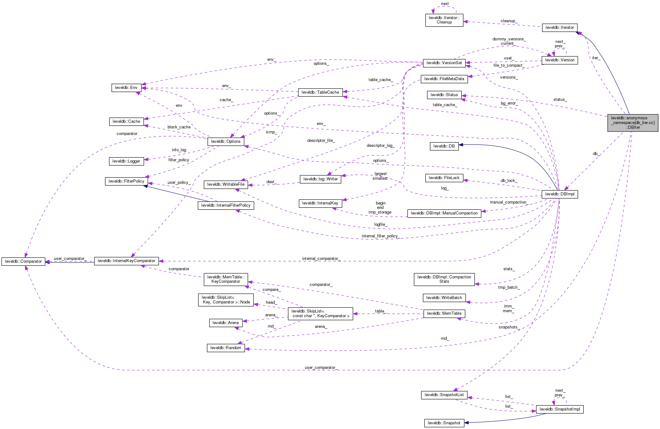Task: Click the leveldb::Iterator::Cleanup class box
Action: coord(444,20)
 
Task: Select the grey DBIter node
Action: coord(632,123)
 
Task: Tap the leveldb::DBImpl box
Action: coord(559,194)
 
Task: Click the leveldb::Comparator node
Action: coord(23,261)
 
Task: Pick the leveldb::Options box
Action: coord(226,142)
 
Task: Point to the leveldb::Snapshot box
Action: coord(444,423)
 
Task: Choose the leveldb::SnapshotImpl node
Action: coord(559,409)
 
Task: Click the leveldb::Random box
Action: coord(226,348)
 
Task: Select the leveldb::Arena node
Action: coord(226,323)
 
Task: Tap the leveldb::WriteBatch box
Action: coord(444,298)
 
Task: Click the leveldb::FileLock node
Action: coord(444,178)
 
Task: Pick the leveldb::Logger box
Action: coord(126,161)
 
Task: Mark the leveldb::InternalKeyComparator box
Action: coord(126,261)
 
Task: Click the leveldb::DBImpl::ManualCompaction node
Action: coord(444,213)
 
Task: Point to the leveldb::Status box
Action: coord(444,95)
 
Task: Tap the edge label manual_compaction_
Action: coord(509,202)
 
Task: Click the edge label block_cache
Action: coord(179,127)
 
